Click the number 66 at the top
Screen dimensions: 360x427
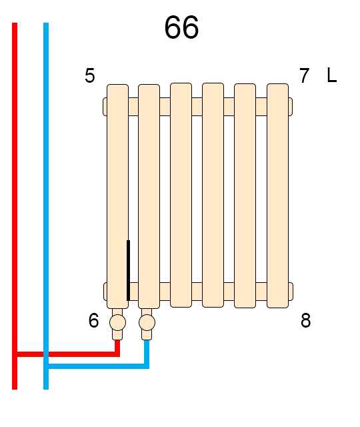point(181,27)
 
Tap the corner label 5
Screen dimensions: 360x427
point(90,75)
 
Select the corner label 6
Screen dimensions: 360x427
point(93,320)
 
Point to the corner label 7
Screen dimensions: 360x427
point(304,75)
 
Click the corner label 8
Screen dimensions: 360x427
point(305,320)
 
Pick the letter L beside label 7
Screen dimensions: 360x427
point(332,75)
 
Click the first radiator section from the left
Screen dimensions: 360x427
point(117,196)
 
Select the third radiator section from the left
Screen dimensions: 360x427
point(181,195)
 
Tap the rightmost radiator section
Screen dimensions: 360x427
point(277,195)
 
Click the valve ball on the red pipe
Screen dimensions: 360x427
point(117,323)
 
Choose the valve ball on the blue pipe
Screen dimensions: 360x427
point(147,323)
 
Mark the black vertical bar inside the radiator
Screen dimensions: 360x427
point(129,270)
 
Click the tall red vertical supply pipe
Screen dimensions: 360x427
point(15,206)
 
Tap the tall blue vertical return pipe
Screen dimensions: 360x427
point(46,206)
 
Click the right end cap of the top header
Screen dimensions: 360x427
point(291,107)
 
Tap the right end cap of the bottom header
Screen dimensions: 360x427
point(291,292)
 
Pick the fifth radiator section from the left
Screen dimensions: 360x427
point(245,195)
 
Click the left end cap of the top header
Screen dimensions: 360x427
point(105,107)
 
